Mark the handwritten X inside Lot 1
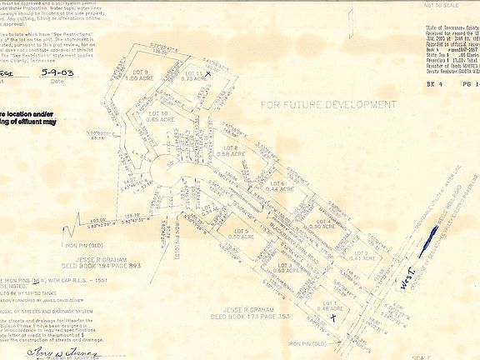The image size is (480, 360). [333, 317]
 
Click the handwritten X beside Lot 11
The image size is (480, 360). [208, 73]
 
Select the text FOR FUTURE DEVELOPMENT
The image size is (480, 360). [327, 105]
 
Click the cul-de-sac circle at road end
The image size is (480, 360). [166, 172]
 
